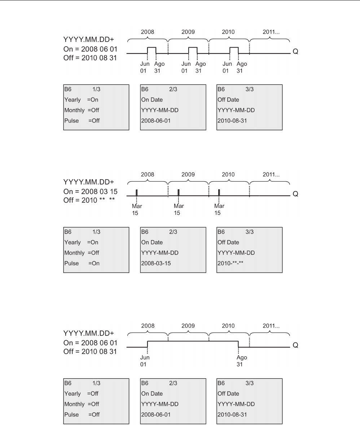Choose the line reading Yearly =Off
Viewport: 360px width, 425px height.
81,394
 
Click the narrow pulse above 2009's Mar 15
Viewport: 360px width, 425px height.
179,192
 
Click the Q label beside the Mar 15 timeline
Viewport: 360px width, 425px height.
295,194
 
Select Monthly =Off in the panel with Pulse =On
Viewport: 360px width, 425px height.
82,253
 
